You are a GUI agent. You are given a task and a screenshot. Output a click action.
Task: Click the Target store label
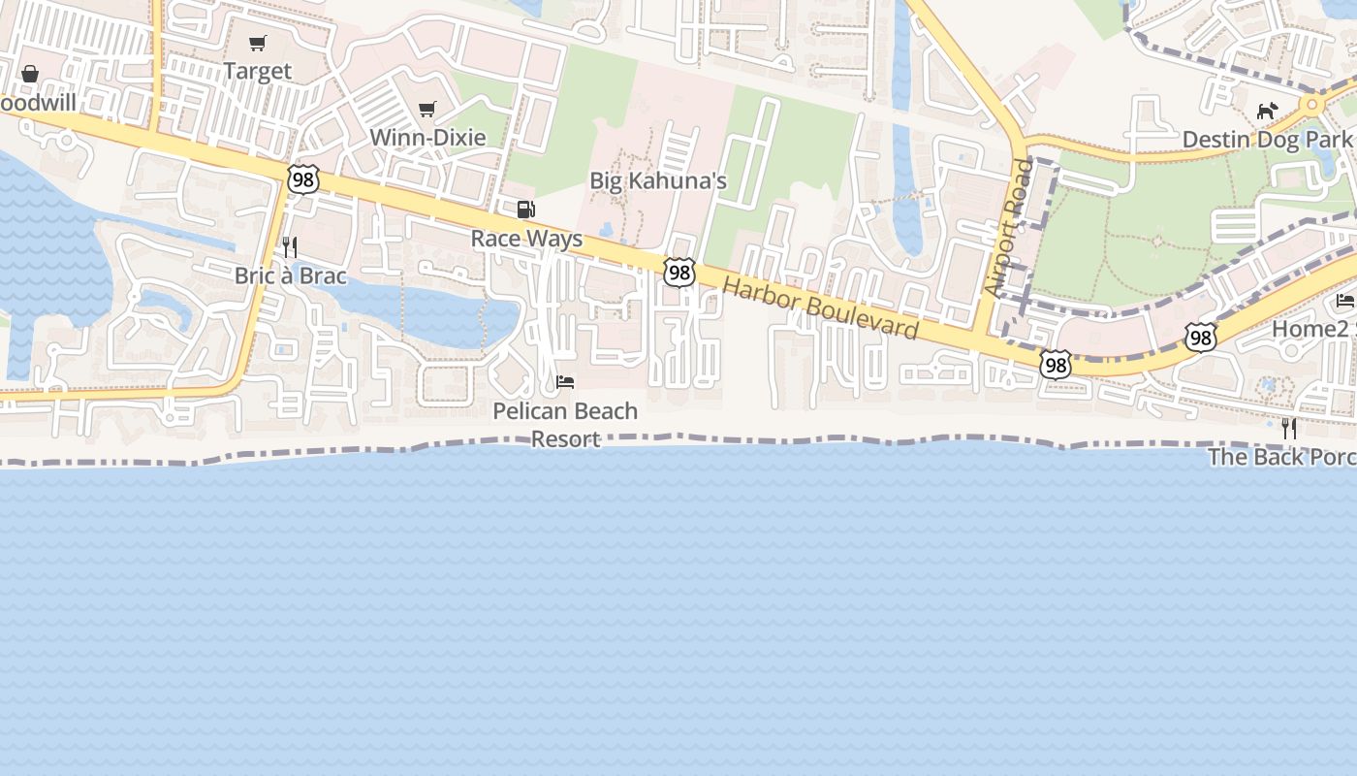(257, 71)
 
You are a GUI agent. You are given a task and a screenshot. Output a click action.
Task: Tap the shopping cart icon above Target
(257, 43)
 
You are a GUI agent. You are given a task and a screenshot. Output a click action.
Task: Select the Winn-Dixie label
(427, 137)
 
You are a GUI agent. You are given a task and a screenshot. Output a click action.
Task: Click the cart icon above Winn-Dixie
(427, 109)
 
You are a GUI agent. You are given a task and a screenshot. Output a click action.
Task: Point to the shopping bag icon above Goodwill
(30, 74)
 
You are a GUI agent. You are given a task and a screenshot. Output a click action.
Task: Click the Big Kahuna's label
(658, 180)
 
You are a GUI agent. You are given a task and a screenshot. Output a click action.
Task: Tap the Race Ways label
(526, 239)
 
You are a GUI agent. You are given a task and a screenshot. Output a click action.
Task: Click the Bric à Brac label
(290, 275)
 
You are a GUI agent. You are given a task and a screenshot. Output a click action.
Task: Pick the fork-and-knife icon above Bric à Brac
(289, 247)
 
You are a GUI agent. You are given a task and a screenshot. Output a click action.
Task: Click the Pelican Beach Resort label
(565, 424)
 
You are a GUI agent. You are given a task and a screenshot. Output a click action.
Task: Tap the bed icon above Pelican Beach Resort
(565, 382)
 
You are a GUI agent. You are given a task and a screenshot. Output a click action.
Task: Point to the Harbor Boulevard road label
(821, 308)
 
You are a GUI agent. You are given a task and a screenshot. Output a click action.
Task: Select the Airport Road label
(1009, 228)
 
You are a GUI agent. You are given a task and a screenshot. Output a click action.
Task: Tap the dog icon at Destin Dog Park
(1267, 112)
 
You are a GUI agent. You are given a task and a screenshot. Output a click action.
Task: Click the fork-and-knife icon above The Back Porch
(1289, 428)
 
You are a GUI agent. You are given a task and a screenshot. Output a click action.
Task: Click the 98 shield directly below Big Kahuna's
(679, 273)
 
